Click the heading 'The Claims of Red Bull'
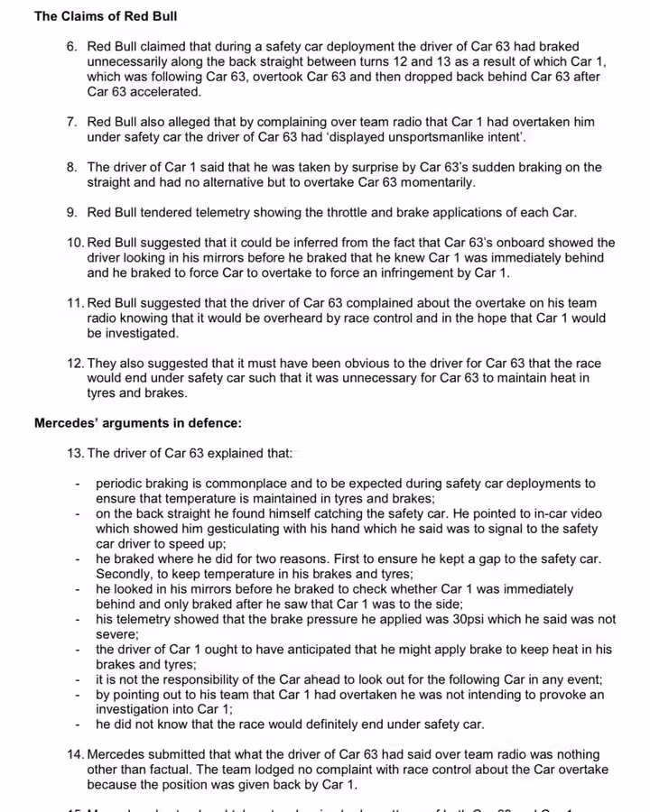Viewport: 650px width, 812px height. [106, 16]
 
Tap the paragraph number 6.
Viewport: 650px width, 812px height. [71, 46]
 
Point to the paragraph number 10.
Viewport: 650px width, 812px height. [75, 243]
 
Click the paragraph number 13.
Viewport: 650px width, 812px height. [75, 454]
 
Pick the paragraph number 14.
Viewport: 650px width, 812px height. [75, 754]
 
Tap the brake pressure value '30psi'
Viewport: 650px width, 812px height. [446, 620]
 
